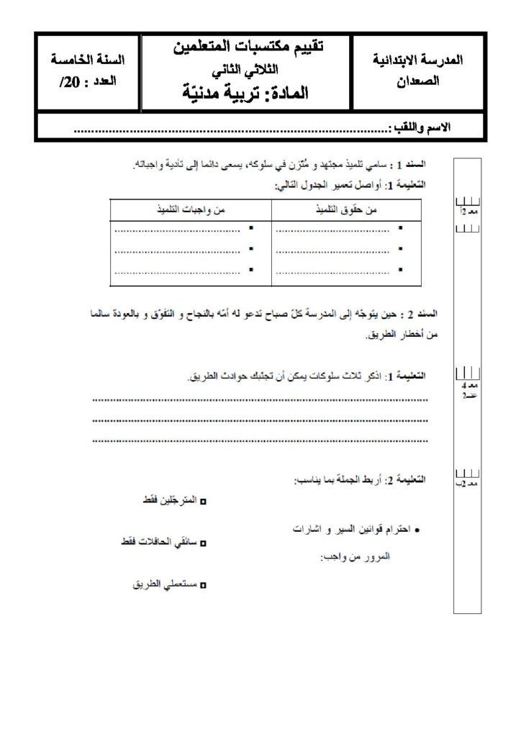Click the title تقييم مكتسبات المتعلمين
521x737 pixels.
coord(249,49)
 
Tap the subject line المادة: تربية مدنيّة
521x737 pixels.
coord(249,92)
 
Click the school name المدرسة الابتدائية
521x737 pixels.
coord(420,61)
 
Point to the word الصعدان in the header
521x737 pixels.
coord(420,82)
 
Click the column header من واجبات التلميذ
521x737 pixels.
coord(191,209)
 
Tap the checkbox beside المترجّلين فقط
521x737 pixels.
coord(202,501)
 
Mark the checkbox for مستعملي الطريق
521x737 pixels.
coord(202,586)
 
